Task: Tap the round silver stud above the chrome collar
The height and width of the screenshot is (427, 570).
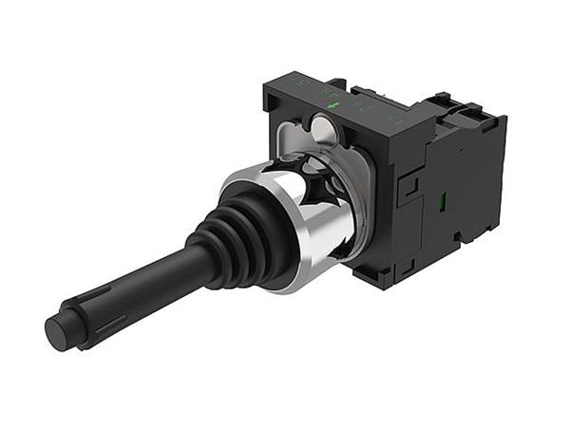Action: point(324,126)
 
